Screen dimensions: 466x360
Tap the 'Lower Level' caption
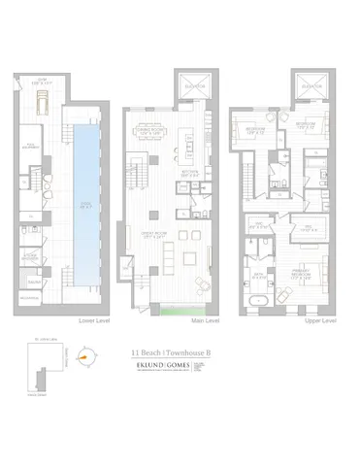click(x=96, y=320)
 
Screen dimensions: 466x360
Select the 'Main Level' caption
click(x=205, y=320)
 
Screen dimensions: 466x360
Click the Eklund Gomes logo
click(x=161, y=368)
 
